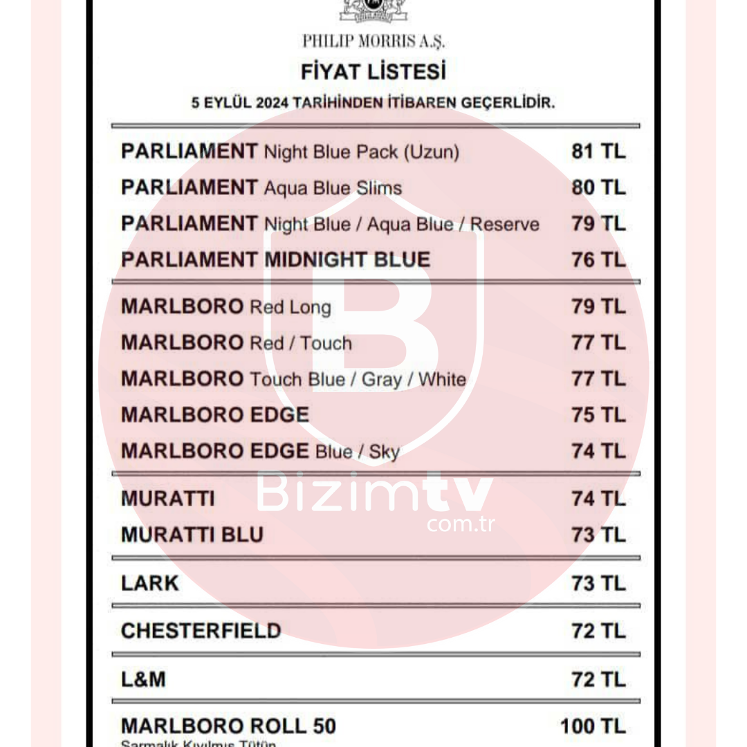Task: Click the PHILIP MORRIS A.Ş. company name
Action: (373, 41)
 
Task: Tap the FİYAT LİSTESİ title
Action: (373, 72)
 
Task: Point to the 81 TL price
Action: (598, 151)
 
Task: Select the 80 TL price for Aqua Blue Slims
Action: (598, 187)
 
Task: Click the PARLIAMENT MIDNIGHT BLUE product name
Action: (275, 260)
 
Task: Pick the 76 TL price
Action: (598, 260)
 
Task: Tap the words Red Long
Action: (290, 307)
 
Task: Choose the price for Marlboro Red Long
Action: (598, 306)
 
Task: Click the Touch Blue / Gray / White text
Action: (358, 380)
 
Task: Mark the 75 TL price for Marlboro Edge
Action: (598, 415)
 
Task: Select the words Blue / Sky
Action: (358, 452)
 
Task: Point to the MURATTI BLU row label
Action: (192, 535)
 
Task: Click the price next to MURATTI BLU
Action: (598, 535)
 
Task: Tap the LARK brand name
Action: (149, 584)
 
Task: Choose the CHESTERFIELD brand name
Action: (201, 631)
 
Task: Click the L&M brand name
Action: (143, 680)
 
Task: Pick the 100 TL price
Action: (593, 726)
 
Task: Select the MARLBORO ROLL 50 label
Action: (228, 726)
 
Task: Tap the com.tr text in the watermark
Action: (461, 524)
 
